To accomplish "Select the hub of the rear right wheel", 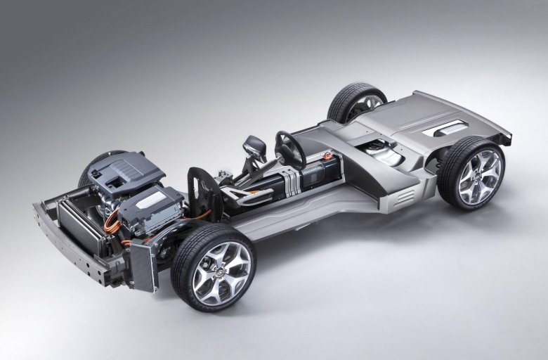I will point(480,176).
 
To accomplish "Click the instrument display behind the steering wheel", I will point(254,148).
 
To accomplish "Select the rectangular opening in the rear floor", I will point(450,128).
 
